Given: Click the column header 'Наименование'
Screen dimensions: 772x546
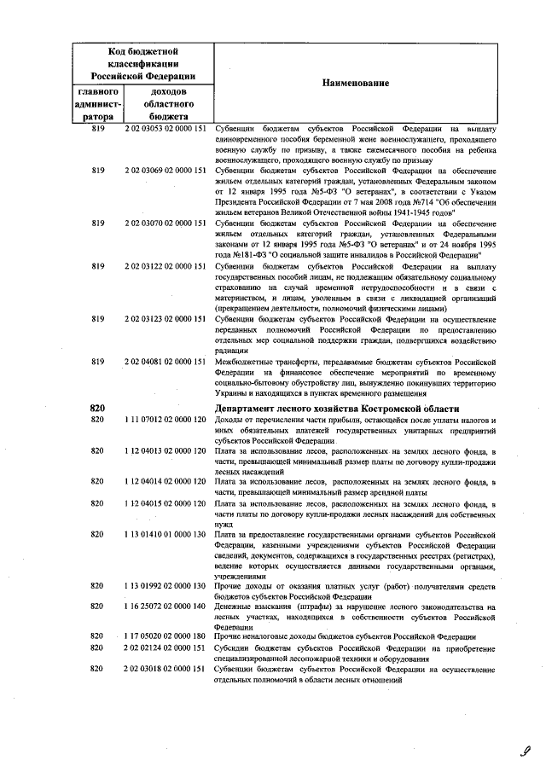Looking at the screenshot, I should tap(356, 83).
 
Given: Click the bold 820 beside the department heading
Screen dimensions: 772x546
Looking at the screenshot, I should tap(96, 409).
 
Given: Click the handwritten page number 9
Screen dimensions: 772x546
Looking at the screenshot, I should tap(526, 751).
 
